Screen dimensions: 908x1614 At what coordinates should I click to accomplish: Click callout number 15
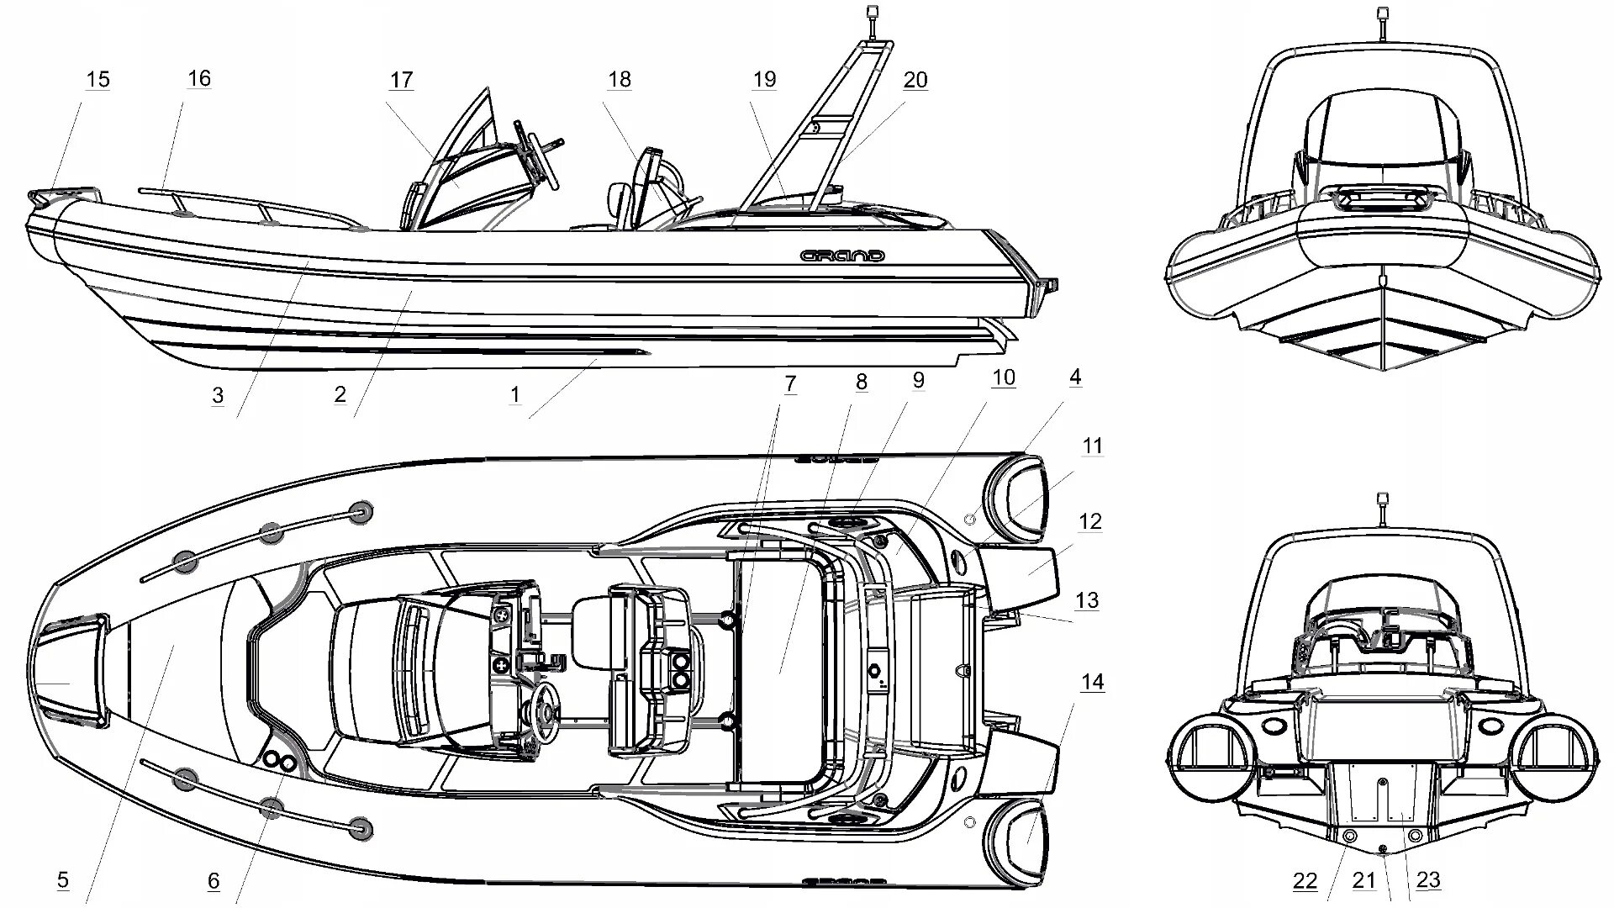(x=98, y=80)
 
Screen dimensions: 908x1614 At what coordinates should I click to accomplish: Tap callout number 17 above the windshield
(x=401, y=80)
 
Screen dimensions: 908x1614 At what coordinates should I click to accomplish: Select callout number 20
(x=915, y=80)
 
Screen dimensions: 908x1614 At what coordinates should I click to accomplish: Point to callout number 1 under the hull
(x=514, y=394)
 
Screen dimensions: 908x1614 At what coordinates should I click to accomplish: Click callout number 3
(x=218, y=395)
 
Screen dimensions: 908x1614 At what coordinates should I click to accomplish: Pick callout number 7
(x=789, y=384)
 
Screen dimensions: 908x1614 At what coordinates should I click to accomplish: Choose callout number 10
(x=1003, y=378)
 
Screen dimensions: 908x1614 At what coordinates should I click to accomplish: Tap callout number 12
(x=1089, y=521)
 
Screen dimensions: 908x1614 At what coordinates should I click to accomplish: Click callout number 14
(x=1092, y=681)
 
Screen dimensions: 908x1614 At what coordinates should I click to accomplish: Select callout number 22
(x=1305, y=880)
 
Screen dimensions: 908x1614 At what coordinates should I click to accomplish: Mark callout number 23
(x=1428, y=880)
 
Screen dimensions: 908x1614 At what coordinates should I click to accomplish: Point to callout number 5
(x=63, y=880)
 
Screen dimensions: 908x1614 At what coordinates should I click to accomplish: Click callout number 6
(x=214, y=880)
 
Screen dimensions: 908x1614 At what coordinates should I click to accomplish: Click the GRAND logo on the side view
(x=841, y=255)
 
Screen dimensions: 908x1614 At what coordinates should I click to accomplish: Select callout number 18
(x=619, y=80)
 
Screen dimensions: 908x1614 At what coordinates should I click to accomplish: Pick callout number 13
(x=1087, y=600)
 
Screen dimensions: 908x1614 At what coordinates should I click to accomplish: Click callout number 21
(x=1363, y=880)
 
